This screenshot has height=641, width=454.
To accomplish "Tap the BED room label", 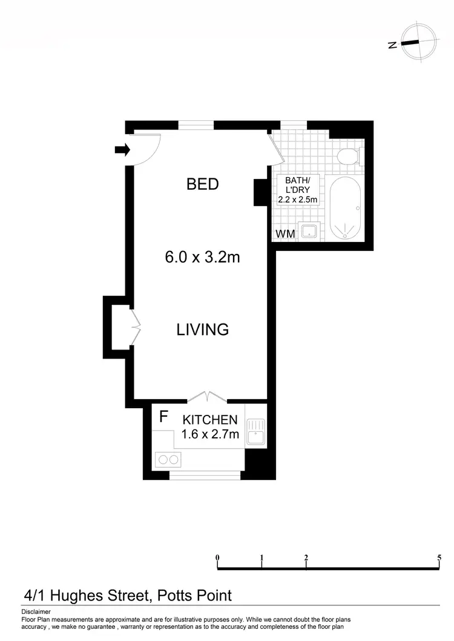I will click(202, 184).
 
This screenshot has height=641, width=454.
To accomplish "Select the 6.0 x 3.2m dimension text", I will click(202, 257).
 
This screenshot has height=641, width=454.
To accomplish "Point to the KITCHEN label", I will click(210, 420).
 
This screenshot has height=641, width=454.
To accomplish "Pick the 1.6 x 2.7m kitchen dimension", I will click(210, 434).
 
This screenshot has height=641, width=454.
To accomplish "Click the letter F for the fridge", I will click(163, 417).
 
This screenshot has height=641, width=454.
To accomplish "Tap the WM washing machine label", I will click(285, 233).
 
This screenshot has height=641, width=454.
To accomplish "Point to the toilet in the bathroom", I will click(349, 157).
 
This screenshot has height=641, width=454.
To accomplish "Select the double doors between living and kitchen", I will click(208, 397).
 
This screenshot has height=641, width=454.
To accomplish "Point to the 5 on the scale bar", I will click(439, 558).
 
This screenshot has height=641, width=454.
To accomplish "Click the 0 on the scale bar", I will click(217, 558).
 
